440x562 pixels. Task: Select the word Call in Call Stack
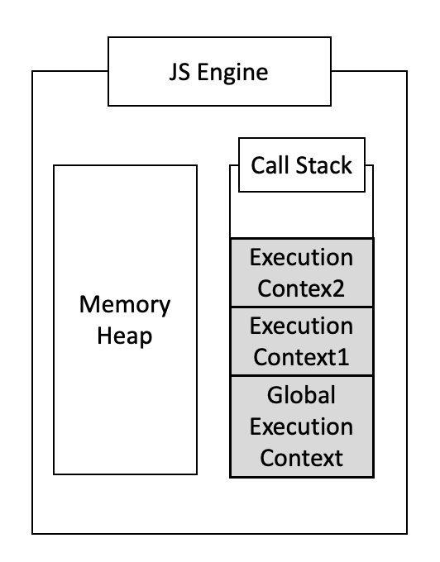[270, 165]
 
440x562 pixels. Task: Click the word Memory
[125, 304]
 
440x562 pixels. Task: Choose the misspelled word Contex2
[301, 289]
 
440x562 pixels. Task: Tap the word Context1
[301, 358]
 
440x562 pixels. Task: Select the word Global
[301, 395]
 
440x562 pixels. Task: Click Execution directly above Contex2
[301, 258]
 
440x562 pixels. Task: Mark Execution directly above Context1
[301, 326]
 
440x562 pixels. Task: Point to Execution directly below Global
[301, 426]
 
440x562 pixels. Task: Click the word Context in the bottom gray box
[301, 458]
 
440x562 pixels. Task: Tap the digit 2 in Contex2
[338, 289]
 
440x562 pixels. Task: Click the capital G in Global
[275, 395]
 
